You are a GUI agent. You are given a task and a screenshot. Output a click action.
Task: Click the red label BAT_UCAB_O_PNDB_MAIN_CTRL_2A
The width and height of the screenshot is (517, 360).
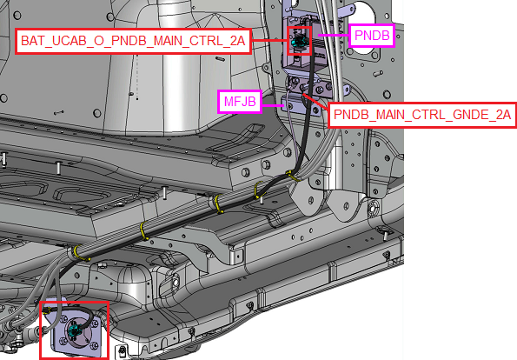coord(133,41)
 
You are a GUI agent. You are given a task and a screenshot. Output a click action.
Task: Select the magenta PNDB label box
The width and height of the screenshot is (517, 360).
coord(372,36)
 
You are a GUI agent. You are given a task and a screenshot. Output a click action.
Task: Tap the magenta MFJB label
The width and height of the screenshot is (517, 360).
coord(240,101)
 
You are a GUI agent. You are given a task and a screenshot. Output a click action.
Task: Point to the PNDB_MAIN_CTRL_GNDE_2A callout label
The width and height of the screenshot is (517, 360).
coord(422,115)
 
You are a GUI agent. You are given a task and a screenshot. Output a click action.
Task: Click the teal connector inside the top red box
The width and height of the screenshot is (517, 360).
coord(299,41)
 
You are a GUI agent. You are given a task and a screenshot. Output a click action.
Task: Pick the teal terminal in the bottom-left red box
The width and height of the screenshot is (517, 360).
coord(74,329)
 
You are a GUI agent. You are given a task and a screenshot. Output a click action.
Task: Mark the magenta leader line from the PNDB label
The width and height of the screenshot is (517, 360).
coord(334,35)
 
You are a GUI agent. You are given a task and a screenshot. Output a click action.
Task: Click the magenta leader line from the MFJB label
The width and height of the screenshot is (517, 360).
coord(273,105)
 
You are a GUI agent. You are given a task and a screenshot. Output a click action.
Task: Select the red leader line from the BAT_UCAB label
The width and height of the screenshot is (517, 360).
coord(269,41)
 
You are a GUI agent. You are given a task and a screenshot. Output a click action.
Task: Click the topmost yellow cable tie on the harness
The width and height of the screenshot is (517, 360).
coord(293,177)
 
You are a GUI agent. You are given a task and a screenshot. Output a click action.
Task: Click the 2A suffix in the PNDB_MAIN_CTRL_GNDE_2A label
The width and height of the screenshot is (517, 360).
coord(503,115)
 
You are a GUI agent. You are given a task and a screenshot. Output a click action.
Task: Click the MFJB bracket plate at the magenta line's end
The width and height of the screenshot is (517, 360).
coord(300,105)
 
